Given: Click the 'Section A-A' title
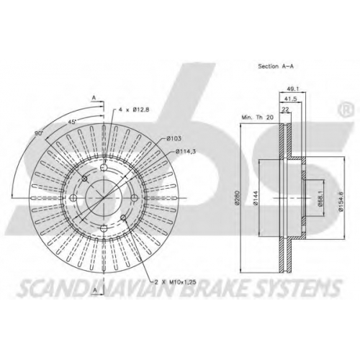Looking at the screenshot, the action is tap(276, 66).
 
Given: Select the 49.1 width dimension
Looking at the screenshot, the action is tap(293, 89).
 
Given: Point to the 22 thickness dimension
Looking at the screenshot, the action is tap(285, 109).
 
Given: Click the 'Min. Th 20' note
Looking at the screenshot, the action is tap(258, 117).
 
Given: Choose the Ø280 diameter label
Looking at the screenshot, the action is tap(238, 198).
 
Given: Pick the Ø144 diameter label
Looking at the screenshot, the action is tap(256, 198).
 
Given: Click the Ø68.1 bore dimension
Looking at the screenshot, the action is tap(320, 198).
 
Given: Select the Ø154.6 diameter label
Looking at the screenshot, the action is tap(341, 198).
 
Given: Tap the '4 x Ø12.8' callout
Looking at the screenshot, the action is tap(134, 109).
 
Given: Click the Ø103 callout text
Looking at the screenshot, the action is tap(174, 138).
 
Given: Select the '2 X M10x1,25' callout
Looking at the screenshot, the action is tap(175, 282).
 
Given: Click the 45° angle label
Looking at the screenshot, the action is tap(72, 122).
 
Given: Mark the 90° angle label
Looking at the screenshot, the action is tap(39, 133).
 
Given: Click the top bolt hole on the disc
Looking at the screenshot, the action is tap(104, 167).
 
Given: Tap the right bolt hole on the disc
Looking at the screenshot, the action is tap(135, 198).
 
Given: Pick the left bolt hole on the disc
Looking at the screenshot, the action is tap(73, 198).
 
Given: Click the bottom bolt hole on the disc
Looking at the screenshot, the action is tap(104, 229).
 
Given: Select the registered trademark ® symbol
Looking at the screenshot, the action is tap(346, 109).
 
